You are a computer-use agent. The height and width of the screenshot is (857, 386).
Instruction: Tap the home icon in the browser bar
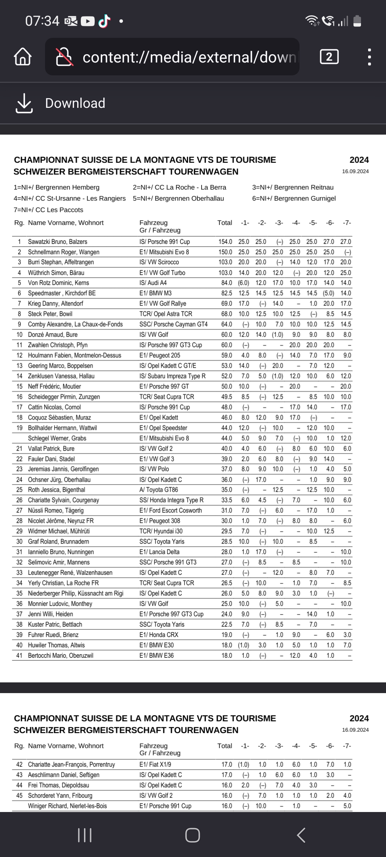tap(23, 57)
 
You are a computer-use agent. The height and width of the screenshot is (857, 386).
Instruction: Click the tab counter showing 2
tap(329, 57)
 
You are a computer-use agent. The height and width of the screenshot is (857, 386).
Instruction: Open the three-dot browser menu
tap(369, 57)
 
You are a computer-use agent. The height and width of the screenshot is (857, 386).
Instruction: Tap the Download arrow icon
tap(24, 103)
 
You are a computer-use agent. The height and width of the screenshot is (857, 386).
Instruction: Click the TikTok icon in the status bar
tap(104, 21)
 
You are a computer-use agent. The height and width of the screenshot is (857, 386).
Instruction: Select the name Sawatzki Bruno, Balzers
tap(58, 242)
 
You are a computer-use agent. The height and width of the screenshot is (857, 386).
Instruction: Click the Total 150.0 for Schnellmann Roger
tap(225, 252)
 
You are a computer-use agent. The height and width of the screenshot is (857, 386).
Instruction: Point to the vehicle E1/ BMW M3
tap(155, 293)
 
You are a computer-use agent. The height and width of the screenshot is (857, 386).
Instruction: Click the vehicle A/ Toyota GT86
tap(159, 490)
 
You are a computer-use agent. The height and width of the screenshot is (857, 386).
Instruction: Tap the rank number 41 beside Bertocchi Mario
tap(19, 656)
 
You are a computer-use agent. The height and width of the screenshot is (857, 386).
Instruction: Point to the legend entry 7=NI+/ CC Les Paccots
tap(48, 210)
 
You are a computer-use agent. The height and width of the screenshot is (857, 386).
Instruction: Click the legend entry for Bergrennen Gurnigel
tap(294, 199)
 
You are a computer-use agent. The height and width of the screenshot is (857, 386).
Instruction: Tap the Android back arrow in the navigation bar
tap(301, 835)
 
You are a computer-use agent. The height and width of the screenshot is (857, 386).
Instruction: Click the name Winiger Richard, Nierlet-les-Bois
tap(67, 806)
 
